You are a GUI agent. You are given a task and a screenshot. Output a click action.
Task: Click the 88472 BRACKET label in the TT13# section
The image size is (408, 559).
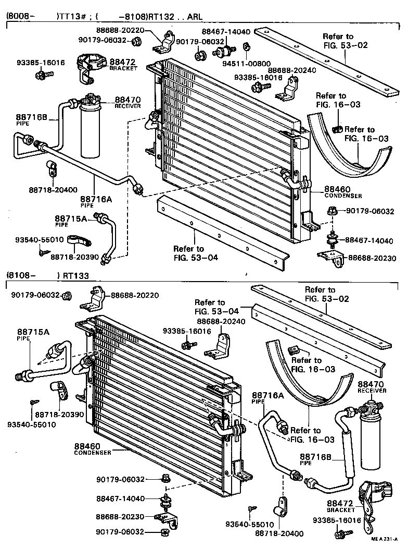point(123,64)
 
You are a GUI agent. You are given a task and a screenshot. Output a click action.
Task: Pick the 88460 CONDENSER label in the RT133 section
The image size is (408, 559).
point(92,449)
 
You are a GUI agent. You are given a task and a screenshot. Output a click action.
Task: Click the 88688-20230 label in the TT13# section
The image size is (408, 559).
point(372,258)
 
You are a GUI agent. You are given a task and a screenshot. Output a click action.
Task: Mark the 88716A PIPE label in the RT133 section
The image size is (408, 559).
point(268,398)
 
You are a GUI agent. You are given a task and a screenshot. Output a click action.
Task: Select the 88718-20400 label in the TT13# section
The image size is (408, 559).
point(54,190)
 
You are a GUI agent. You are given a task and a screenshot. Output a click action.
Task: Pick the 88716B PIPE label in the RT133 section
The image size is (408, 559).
point(316,459)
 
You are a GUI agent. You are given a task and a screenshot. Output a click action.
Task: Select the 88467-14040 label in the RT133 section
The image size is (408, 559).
point(120,499)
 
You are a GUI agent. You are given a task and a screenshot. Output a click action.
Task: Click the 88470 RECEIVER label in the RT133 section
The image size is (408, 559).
point(372,386)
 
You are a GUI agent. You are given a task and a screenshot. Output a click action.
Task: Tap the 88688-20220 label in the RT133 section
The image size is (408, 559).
point(134,296)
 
